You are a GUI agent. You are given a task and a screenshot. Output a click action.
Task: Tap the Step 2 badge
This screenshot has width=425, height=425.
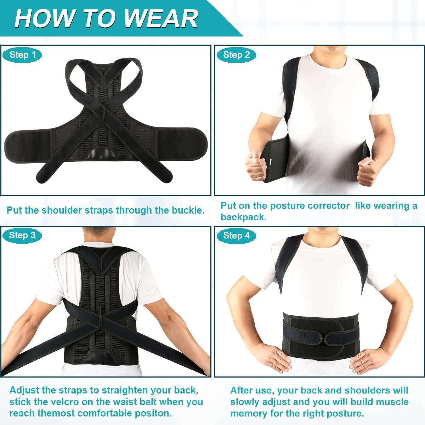tap(236, 55)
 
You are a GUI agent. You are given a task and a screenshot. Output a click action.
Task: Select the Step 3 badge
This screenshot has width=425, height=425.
tap(22, 236)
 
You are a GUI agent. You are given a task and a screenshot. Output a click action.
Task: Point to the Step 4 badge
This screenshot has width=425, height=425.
tap(236, 236)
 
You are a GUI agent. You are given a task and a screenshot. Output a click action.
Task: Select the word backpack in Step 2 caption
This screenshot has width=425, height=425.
tap(243, 217)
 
